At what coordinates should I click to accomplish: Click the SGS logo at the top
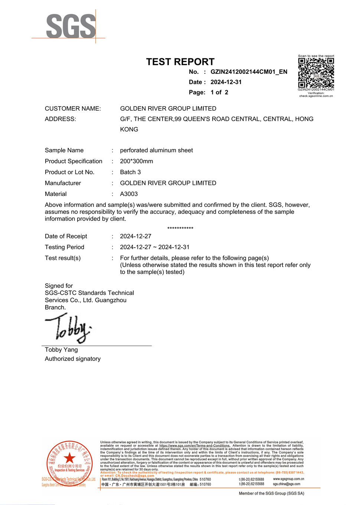pos(71,26)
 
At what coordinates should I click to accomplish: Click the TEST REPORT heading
pos(180,62)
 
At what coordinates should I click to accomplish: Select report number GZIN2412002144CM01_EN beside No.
pos(249,72)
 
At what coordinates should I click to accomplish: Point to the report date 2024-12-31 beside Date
pos(226,82)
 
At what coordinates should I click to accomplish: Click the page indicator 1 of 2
pos(219,92)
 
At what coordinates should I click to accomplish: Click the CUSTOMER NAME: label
pos(73,108)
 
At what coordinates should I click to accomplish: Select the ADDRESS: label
pos(60,119)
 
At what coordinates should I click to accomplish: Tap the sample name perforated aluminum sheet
pos(156,150)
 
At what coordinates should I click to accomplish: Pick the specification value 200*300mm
pos(136,161)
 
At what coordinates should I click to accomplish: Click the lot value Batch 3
pos(130,172)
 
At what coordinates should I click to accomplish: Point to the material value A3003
pos(129,194)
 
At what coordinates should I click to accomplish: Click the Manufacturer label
pos(63,183)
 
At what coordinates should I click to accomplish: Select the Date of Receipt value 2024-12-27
pos(135,236)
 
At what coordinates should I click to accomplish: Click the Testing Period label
pos(65,247)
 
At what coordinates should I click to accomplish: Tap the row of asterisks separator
pos(180,228)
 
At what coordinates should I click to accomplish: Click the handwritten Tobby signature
pos(69,328)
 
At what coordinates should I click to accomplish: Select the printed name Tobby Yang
pos(61,350)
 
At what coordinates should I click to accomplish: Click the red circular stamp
pos(69,462)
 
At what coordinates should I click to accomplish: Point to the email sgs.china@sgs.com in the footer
pos(287,484)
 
